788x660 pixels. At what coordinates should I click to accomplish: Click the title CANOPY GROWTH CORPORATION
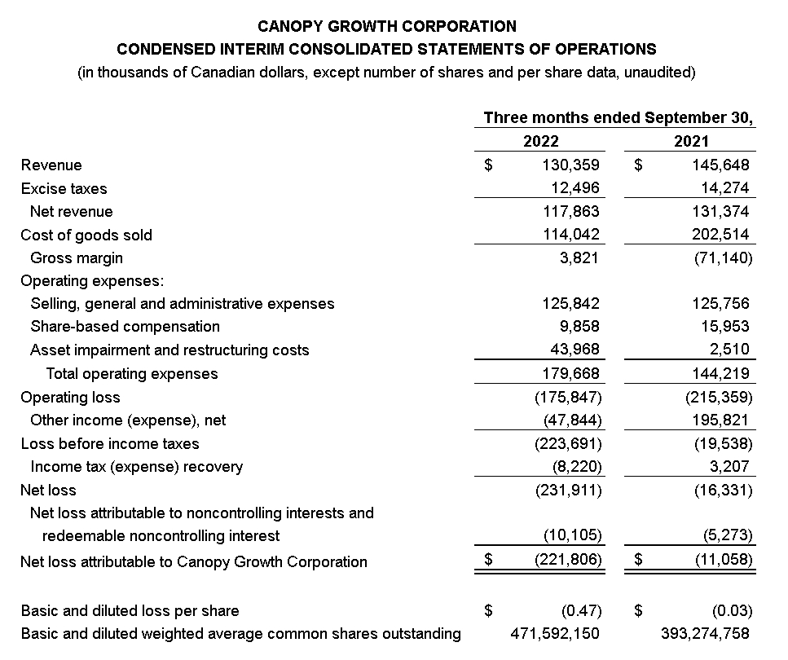[x=386, y=27]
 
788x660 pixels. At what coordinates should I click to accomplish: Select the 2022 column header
[x=540, y=141]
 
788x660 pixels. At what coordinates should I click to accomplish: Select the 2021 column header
[x=691, y=141]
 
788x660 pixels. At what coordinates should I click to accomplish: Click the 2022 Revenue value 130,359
[x=570, y=165]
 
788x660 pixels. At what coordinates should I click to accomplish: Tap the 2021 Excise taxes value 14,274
[x=724, y=188]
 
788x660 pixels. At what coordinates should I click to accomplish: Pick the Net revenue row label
[x=72, y=212]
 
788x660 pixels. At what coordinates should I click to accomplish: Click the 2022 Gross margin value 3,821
[x=579, y=257]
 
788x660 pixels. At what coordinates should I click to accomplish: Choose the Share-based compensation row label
[x=125, y=327]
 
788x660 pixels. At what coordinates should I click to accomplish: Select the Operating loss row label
[x=70, y=398]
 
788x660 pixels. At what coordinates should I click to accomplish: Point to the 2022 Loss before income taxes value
[x=568, y=444]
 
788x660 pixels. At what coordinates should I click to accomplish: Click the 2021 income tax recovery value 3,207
[x=731, y=467]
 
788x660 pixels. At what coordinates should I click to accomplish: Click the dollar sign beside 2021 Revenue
[x=639, y=165]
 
